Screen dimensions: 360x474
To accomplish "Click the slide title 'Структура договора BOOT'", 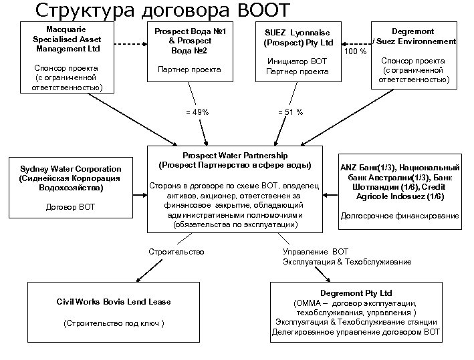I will [x=163, y=11].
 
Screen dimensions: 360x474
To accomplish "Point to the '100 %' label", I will [x=354, y=51].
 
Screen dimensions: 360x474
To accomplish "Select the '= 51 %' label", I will [x=290, y=112].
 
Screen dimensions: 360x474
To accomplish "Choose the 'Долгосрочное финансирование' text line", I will [x=400, y=216].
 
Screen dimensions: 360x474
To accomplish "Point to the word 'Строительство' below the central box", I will [x=176, y=251].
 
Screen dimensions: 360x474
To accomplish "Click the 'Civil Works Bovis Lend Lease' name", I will [x=114, y=302].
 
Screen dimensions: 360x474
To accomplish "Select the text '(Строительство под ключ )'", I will [x=113, y=324].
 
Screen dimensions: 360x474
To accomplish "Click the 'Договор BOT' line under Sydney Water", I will [x=70, y=207].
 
